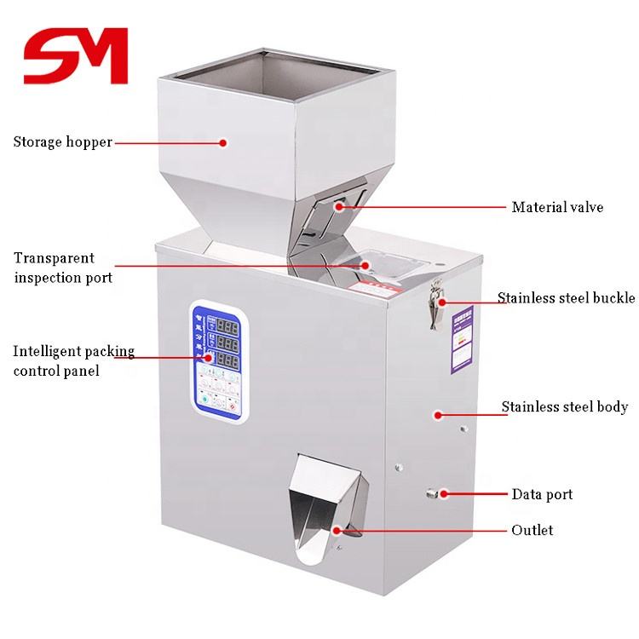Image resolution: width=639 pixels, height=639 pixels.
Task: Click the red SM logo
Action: click(x=75, y=55)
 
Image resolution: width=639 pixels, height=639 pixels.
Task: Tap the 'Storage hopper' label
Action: click(x=62, y=142)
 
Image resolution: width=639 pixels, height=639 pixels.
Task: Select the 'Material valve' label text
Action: click(x=557, y=207)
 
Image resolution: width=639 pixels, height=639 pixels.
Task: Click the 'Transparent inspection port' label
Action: click(x=62, y=268)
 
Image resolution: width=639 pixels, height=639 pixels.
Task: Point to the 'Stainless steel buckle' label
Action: click(x=566, y=298)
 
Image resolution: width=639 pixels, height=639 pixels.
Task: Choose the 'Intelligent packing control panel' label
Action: click(x=73, y=361)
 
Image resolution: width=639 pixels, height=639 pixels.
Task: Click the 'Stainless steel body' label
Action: click(x=564, y=407)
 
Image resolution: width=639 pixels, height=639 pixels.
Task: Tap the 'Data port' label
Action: click(x=542, y=494)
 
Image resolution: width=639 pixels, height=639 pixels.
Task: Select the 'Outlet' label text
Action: click(x=532, y=530)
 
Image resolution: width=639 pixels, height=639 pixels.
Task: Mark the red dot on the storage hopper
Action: click(x=223, y=143)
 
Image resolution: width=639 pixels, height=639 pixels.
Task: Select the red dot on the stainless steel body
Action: click(x=438, y=415)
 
